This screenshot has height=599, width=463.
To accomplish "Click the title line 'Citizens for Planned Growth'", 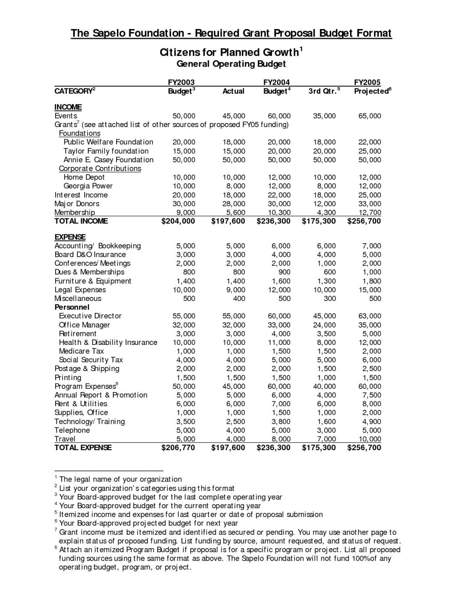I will pyautogui.click(x=229, y=53).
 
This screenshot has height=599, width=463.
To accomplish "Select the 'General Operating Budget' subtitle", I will pyautogui.click(x=231, y=64).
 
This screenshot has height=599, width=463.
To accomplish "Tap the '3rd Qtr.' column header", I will pyautogui.click(x=322, y=91).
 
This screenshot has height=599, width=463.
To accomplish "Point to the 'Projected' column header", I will pyautogui.click(x=371, y=91).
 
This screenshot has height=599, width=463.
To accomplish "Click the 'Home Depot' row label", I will pyautogui.click(x=84, y=177).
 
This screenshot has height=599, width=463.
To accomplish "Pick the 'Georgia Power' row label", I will pyautogui.click(x=88, y=186).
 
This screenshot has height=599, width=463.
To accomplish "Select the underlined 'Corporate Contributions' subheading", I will pyautogui.click(x=100, y=169).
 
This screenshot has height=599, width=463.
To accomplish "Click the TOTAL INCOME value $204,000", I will pyautogui.click(x=178, y=221).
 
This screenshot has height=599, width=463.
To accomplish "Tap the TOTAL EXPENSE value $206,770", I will pyautogui.click(x=178, y=448).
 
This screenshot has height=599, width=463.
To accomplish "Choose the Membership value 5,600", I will pyautogui.click(x=234, y=212).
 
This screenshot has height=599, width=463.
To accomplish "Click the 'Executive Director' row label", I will pyautogui.click(x=90, y=316).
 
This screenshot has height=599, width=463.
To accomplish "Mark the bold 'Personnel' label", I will pyautogui.click(x=72, y=307).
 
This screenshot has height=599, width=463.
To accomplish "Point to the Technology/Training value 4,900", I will pyautogui.click(x=372, y=422).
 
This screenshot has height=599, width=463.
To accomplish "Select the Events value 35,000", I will pyautogui.click(x=324, y=116).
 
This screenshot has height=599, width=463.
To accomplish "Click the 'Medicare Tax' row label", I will pyautogui.click(x=81, y=351).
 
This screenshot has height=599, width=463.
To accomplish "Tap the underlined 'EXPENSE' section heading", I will pyautogui.click(x=70, y=237).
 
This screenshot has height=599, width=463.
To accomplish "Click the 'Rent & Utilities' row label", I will pyautogui.click(x=81, y=404).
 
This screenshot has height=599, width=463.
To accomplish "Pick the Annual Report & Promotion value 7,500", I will pyautogui.click(x=372, y=395).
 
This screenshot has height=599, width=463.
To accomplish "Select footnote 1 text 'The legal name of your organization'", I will pyautogui.click(x=120, y=480).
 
